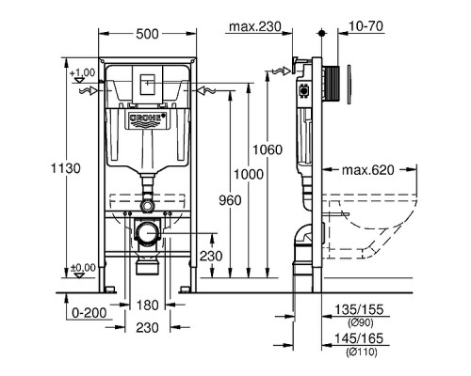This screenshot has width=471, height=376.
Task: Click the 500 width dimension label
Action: [x=147, y=34]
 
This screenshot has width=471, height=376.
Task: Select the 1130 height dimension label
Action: [x=66, y=168]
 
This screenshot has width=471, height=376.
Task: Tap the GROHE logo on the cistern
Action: [x=147, y=119]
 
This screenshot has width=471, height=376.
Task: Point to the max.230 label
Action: [x=255, y=26]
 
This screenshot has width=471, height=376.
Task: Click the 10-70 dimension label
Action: [x=365, y=26]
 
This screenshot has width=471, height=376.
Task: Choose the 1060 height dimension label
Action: [x=268, y=149]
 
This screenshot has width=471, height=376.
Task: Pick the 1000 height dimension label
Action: [x=249, y=174]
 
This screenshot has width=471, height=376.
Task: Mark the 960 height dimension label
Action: [x=230, y=200]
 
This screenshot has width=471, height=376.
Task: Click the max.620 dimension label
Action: [x=368, y=170]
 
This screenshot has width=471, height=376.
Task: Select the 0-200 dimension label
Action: [x=89, y=312]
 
